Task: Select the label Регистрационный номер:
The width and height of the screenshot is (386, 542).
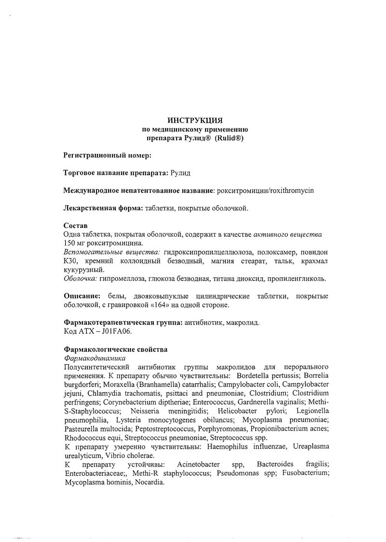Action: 108,155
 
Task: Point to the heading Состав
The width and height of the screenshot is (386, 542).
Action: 76,226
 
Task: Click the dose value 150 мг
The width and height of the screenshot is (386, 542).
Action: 76,243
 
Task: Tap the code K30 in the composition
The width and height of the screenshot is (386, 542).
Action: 71,261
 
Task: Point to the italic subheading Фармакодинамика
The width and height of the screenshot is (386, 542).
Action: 95,358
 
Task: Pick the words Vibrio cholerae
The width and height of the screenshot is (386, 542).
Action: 108,455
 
